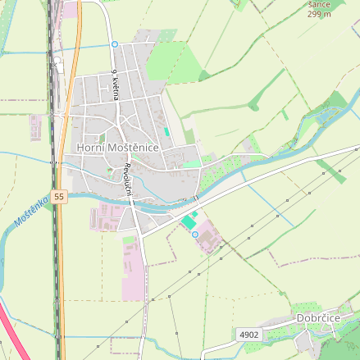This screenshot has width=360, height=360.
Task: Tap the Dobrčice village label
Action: pos(318,317)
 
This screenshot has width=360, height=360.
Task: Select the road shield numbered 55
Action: pos(58,197)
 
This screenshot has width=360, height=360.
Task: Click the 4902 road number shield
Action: pos(249,335)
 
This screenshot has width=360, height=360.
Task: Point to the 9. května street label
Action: pos(116,84)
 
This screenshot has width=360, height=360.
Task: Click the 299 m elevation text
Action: pos(319,13)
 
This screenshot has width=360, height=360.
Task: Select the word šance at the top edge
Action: pos(319,4)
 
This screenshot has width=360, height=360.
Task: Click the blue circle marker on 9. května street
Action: pos(115,43)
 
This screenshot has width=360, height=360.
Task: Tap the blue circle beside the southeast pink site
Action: pos(195,235)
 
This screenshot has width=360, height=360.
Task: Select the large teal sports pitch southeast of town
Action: pos(189,221)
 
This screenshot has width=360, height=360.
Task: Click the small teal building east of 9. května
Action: pos(166,131)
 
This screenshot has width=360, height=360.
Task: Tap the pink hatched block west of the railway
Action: pos(36,127)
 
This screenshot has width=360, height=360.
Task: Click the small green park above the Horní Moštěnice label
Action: pos(103,137)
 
